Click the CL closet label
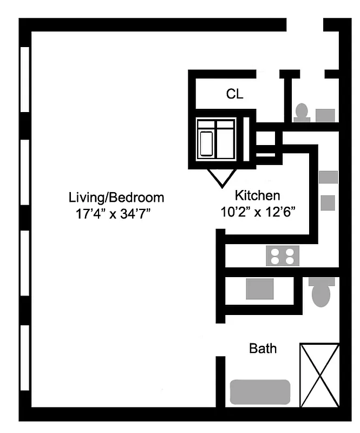pyautogui.click(x=234, y=94)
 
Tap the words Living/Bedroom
pyautogui.click(x=116, y=196)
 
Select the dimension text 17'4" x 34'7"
pyautogui.click(x=113, y=213)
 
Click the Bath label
pyautogui.click(x=263, y=348)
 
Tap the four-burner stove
pyautogui.click(x=283, y=255)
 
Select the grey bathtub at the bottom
pyautogui.click(x=260, y=392)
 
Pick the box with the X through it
pyautogui.click(x=319, y=375)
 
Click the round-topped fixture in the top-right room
pyautogui.click(x=302, y=112)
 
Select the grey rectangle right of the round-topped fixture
pyautogui.click(x=325, y=115)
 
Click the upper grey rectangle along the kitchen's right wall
pyautogui.click(x=328, y=177)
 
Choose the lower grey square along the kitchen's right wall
pyautogui.click(x=328, y=202)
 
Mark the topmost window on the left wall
pyautogui.click(x=24, y=79)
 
